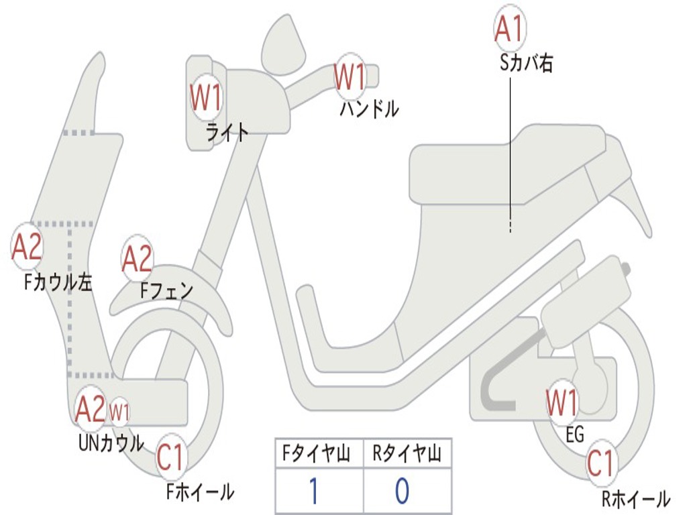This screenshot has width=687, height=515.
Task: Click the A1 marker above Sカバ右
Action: (x=508, y=28)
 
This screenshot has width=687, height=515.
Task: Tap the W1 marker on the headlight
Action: (x=205, y=98)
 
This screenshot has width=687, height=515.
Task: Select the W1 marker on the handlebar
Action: (x=350, y=76)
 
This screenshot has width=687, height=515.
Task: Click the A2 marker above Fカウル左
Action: (x=28, y=247)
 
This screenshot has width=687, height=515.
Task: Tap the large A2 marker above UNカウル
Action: (x=91, y=408)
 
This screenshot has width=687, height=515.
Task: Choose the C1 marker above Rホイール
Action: (x=600, y=463)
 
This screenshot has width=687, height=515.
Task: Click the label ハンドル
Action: (x=369, y=109)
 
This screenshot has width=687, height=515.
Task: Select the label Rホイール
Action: (x=635, y=499)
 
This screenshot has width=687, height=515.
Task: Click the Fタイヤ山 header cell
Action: (x=319, y=455)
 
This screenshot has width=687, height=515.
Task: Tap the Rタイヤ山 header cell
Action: (x=407, y=455)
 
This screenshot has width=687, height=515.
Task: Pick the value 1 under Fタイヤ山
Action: (x=313, y=491)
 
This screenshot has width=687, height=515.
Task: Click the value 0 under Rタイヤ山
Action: (x=402, y=491)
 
